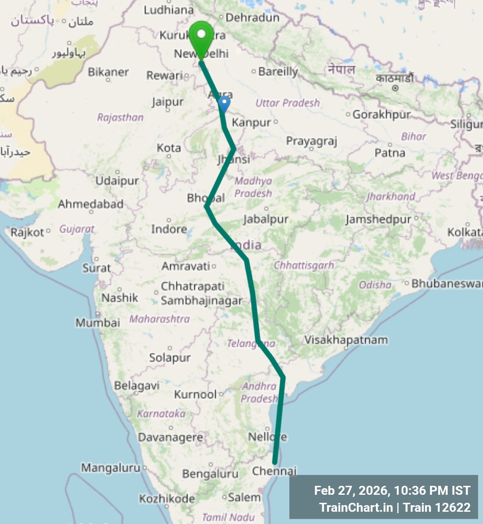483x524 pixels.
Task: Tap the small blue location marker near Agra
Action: click(225, 104)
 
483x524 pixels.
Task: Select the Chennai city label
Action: click(274, 471)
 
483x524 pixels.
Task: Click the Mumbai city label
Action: click(98, 323)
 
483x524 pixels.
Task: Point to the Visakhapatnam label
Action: click(346, 340)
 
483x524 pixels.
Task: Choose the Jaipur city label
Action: click(168, 102)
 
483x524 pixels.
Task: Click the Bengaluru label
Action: click(210, 474)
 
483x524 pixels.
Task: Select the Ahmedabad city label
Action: click(90, 205)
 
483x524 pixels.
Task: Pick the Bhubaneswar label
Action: click(447, 284)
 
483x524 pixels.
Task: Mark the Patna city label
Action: click(390, 153)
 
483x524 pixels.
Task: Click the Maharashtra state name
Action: click(159, 319)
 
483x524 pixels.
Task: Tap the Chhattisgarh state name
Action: click(303, 265)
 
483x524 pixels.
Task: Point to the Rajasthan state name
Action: click(120, 117)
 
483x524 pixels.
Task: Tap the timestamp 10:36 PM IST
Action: click(433, 491)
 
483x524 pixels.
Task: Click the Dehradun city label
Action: click(253, 18)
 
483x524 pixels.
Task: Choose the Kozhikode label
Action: click(167, 499)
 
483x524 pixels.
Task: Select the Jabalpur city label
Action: click(266, 219)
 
